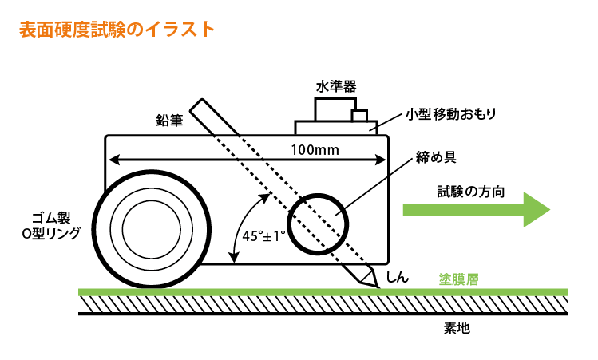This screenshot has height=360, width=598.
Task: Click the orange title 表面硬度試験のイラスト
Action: click(x=116, y=30)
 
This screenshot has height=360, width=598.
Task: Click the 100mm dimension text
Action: click(x=313, y=149)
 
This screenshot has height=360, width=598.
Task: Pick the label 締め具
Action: click(x=436, y=156)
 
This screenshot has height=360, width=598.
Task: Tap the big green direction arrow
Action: click(x=477, y=210)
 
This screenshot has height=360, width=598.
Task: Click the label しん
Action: click(x=397, y=276)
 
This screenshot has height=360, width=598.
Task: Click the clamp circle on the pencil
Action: click(x=318, y=223)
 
